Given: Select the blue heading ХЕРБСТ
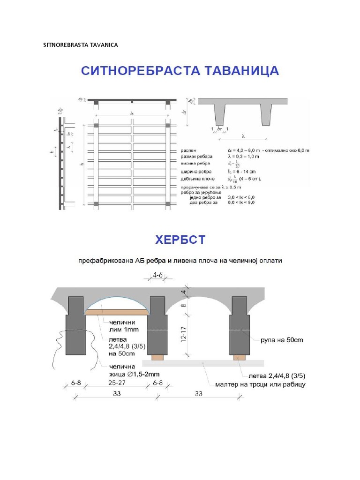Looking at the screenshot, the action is (x=180, y=240).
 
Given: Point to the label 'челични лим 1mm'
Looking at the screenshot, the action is (x=122, y=326).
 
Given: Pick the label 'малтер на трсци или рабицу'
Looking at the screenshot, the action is (x=260, y=384).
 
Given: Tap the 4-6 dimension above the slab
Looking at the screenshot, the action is (x=158, y=277).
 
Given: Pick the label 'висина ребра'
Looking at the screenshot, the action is (x=196, y=164).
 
